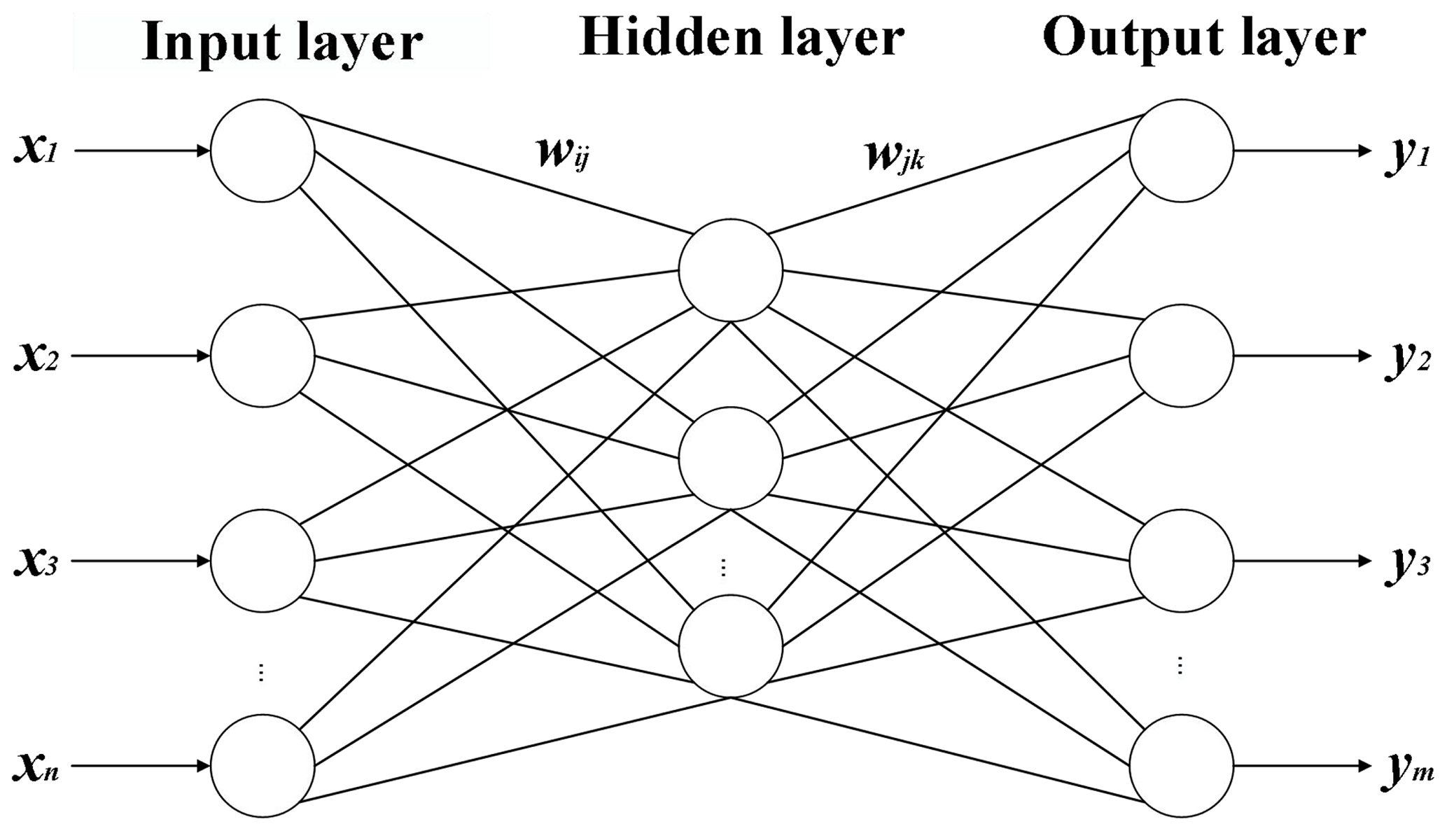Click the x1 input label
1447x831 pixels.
pos(35,151)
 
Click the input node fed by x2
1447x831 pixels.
pos(263,356)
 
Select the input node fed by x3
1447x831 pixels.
pos(263,561)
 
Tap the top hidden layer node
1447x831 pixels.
pos(730,270)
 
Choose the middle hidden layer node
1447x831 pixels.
pos(730,459)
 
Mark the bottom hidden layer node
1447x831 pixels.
pos(730,646)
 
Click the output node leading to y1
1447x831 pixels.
pos(1181,151)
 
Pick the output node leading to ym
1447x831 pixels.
pos(1181,766)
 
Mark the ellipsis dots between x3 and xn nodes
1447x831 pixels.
pos(261,673)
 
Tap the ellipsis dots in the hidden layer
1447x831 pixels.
pos(723,568)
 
